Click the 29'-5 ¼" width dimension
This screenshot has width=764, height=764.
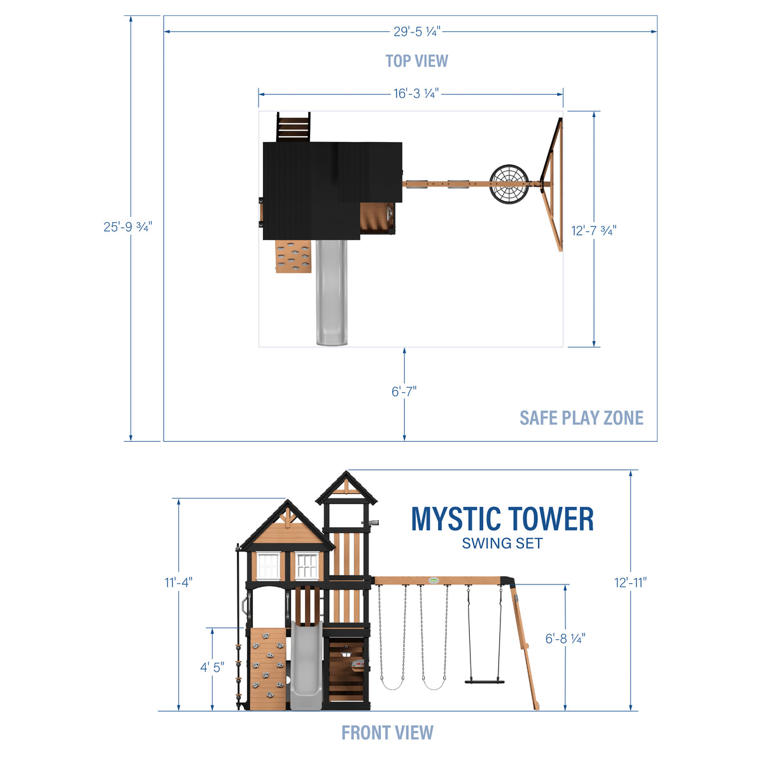[416, 31]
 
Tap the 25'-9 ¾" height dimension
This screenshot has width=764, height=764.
[128, 227]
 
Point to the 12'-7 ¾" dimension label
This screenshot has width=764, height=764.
[593, 230]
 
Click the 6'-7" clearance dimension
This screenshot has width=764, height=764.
[404, 391]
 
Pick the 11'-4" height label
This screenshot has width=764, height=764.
[178, 582]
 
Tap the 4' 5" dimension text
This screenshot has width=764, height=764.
[213, 668]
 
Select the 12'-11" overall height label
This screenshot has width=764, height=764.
[630, 582]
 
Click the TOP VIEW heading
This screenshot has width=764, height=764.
[416, 61]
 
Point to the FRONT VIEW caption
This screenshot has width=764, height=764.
[387, 733]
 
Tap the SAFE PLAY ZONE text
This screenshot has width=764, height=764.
[581, 418]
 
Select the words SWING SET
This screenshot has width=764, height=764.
[502, 544]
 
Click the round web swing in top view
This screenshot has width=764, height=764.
[509, 185]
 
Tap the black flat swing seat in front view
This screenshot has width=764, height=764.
[485, 681]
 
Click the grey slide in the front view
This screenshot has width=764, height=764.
[303, 668]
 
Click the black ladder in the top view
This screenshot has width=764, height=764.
[294, 127]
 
